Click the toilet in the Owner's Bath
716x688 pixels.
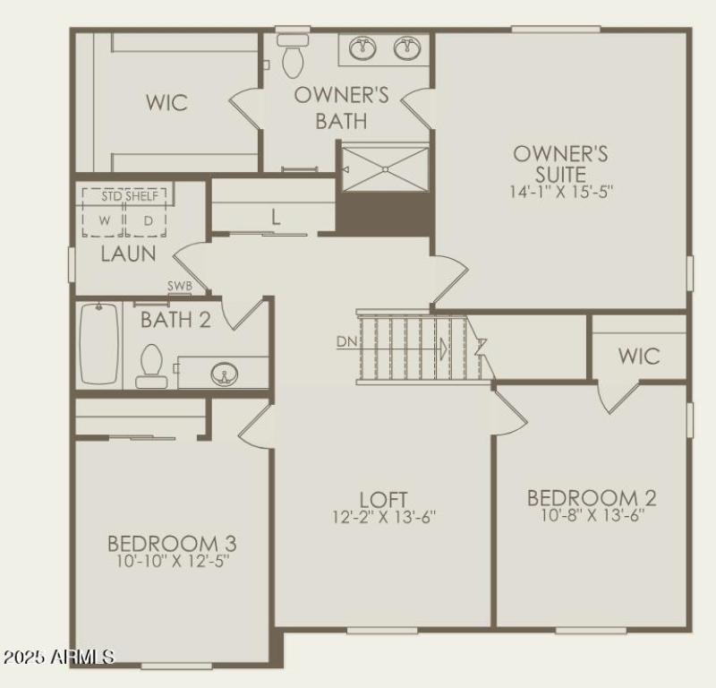coord(293,56)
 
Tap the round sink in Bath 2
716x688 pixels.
coord(223,373)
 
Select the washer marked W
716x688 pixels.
coord(105,220)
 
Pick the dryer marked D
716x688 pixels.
coord(147,220)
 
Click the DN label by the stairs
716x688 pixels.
coord(347,341)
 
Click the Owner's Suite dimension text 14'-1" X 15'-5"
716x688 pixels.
coord(561,191)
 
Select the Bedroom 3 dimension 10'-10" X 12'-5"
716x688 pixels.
coord(172,562)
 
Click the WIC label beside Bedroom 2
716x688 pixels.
coord(639,357)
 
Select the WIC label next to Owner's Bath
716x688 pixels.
coord(167,103)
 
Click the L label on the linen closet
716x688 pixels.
coord(276,217)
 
